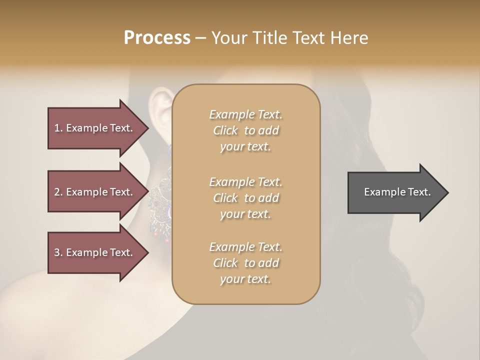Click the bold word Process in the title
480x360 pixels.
(x=157, y=38)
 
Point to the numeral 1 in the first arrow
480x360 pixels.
(x=56, y=128)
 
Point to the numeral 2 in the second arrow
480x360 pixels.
(x=57, y=192)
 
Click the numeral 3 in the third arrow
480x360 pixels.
(x=57, y=252)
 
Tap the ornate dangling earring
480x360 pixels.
(x=160, y=200)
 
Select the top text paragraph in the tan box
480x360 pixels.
(x=245, y=130)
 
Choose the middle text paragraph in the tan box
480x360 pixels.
(x=245, y=198)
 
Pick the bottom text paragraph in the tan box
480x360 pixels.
(x=245, y=263)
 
